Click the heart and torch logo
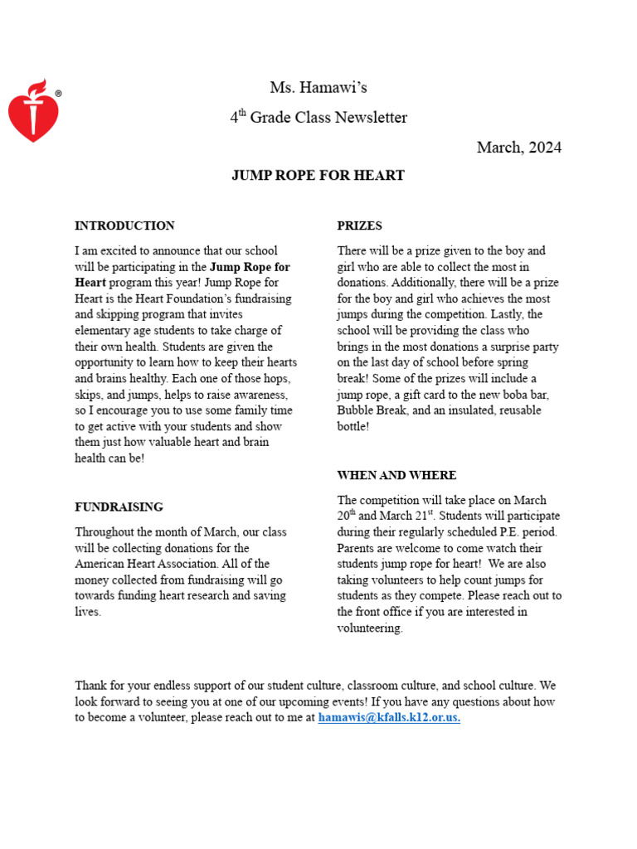(x=33, y=111)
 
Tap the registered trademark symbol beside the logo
(x=58, y=95)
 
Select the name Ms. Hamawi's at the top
(x=318, y=88)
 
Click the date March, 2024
(x=518, y=148)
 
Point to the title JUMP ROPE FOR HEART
(x=318, y=176)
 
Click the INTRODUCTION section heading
(x=124, y=226)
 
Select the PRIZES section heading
(x=359, y=226)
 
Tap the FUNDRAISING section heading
(x=119, y=507)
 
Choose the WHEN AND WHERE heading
(x=396, y=475)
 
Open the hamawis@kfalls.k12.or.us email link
(x=389, y=718)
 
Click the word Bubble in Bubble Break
(x=357, y=410)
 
